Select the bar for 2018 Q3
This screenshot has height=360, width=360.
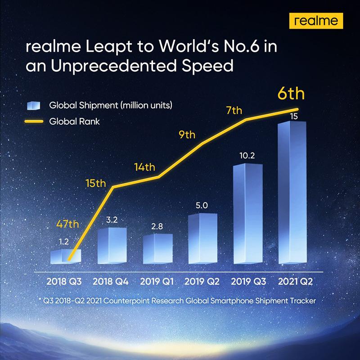pos(66,256)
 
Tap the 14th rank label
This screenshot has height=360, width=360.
pos(144,168)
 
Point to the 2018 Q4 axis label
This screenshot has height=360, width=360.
pos(111,282)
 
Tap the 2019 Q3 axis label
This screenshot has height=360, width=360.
pos(248,282)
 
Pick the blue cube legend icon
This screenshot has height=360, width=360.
pos(34,106)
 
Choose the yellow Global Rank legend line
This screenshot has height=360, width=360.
pos(34,121)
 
